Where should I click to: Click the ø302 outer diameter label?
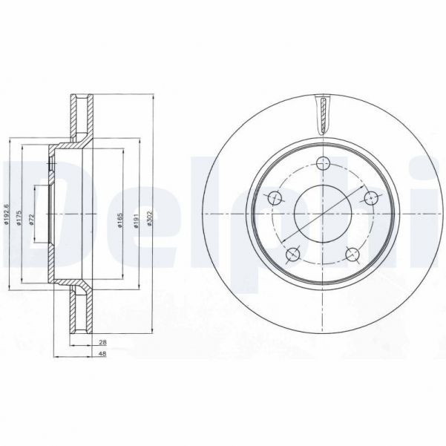tap(151, 216)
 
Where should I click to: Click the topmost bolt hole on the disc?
tap(323, 165)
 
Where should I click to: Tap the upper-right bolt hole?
tap(370, 197)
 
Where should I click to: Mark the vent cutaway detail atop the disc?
tap(324, 116)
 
